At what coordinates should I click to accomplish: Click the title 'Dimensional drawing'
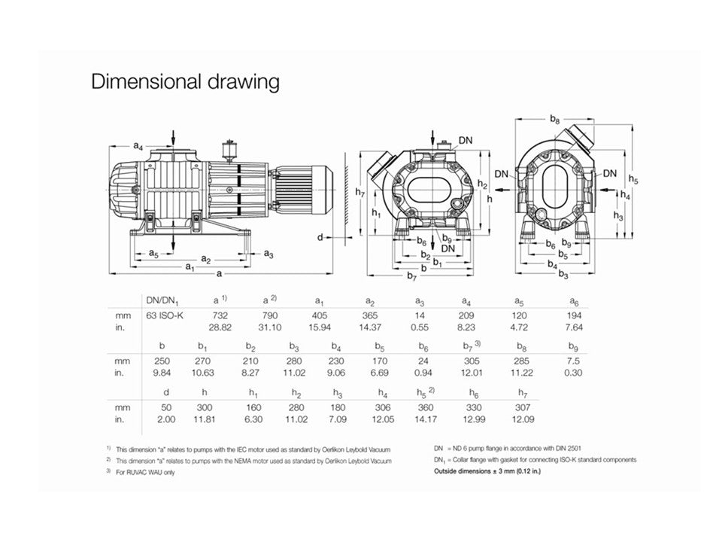point(185,81)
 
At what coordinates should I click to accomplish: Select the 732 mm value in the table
point(220,315)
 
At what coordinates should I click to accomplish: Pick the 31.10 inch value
point(269,327)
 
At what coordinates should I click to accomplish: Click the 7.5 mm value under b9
point(573,361)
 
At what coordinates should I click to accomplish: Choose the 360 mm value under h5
point(426,407)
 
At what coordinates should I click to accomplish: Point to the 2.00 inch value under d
point(165,419)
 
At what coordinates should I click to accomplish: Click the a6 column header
point(574,302)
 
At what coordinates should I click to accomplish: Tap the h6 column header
point(474,393)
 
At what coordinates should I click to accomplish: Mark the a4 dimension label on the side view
point(138,146)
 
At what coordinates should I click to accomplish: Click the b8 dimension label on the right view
point(555,120)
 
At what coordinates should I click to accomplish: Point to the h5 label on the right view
point(633,179)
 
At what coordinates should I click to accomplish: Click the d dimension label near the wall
point(320,237)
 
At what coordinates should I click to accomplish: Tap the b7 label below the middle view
point(411,276)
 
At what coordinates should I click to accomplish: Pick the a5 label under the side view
point(153,253)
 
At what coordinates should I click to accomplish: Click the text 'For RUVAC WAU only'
point(145,472)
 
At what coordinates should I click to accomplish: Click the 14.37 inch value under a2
point(370,327)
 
